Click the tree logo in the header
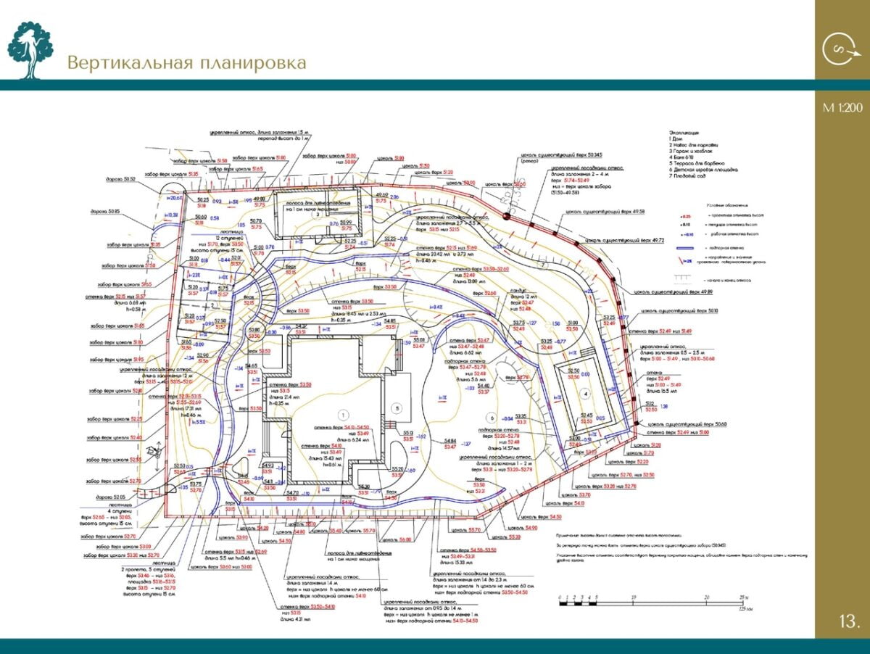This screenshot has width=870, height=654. (30, 49)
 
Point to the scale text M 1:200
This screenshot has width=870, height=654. (842, 108)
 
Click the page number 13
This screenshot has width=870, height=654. (849, 621)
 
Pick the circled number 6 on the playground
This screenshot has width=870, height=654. (492, 418)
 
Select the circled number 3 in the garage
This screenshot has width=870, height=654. (317, 215)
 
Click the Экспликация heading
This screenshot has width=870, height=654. (684, 132)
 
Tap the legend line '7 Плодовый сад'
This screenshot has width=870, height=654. (687, 176)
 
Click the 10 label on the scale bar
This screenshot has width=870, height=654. (634, 597)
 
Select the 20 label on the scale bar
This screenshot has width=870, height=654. (706, 597)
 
